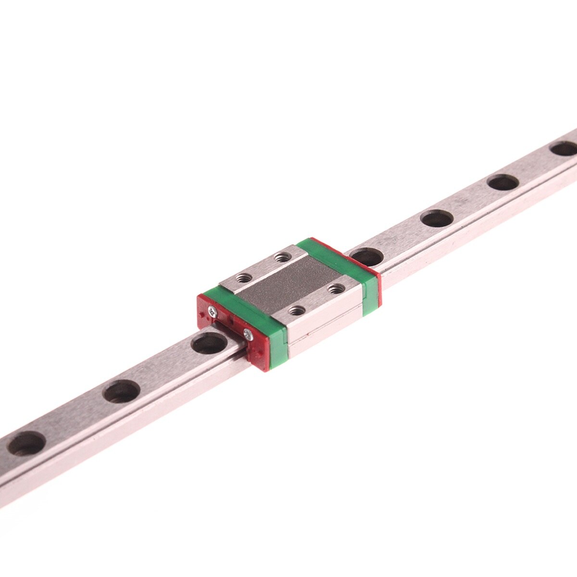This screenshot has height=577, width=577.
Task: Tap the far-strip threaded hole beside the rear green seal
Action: [x=280, y=259]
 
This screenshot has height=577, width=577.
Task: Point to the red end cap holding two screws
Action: [x=226, y=332]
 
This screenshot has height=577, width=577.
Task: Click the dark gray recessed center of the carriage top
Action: [x=288, y=284]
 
